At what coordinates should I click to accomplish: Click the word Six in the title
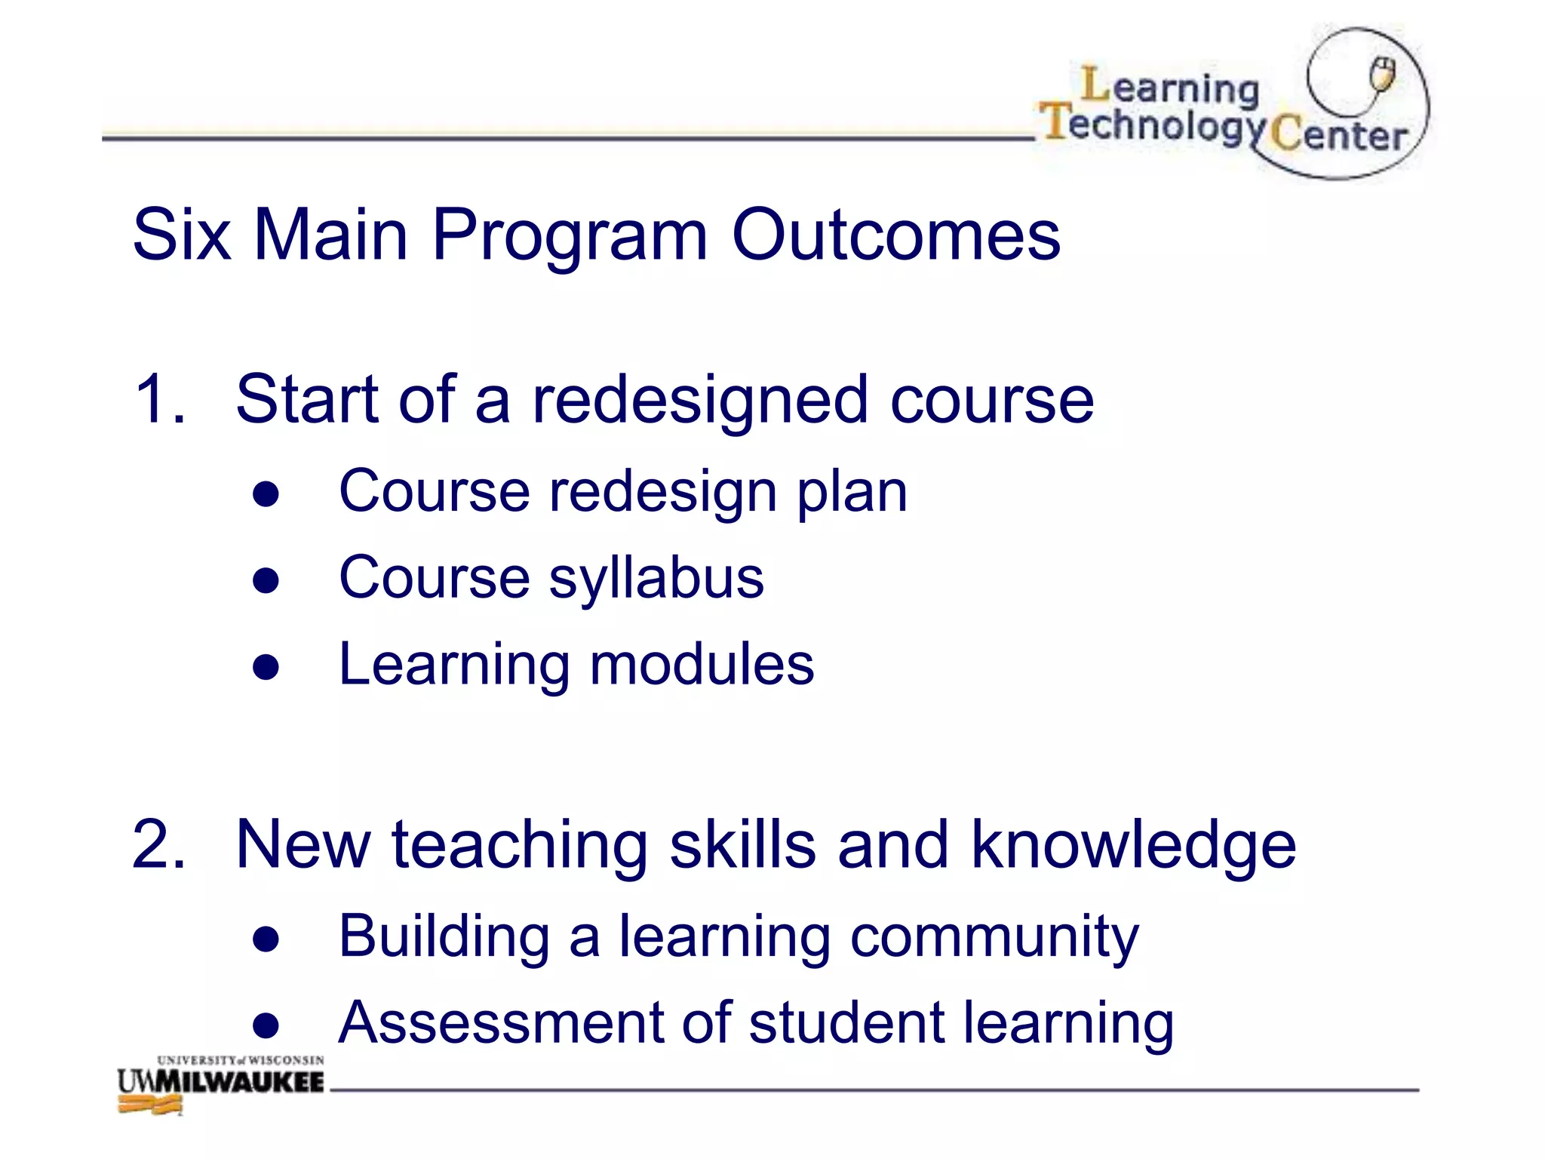click(181, 235)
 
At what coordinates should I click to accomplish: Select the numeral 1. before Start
click(159, 399)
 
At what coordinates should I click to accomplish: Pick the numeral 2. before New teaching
click(159, 844)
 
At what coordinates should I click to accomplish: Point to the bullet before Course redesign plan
click(266, 494)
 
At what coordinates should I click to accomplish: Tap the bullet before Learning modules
click(266, 667)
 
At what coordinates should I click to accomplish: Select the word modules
click(702, 665)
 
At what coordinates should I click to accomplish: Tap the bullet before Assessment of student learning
click(266, 1025)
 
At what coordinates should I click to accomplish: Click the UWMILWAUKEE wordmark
click(220, 1082)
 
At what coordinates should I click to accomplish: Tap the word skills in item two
click(742, 844)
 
